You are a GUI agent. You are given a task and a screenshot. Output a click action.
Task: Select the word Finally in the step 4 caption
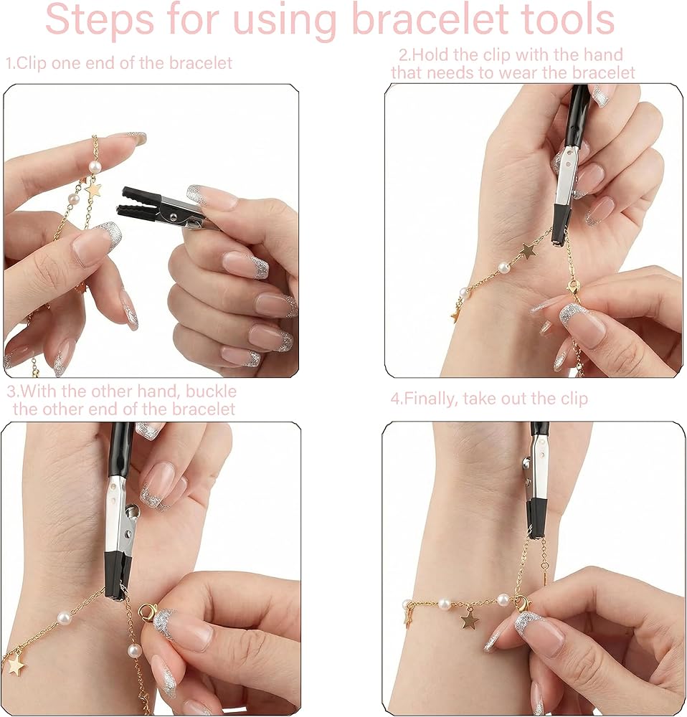coord(430,399)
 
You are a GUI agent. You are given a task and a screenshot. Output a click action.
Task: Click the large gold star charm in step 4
coord(469,620)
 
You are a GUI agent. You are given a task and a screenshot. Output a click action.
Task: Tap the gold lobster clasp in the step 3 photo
coord(148,612)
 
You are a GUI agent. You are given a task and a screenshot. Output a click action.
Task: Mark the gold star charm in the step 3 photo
coord(16,665)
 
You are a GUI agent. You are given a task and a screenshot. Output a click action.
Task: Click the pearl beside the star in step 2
coord(503,266)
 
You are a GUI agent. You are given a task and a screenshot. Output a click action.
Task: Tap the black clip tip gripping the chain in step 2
coord(560,227)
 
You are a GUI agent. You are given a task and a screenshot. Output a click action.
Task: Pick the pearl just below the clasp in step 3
coord(134,650)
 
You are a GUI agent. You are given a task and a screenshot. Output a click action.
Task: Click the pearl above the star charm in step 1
coord(94,167)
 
